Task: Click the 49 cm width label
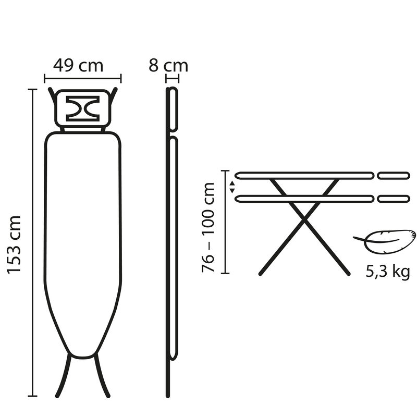coord(78,66)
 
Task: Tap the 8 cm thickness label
coord(168,66)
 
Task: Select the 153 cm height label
coord(14,244)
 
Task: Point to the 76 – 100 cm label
coord(207,227)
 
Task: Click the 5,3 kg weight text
coord(388,272)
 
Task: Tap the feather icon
coord(385,241)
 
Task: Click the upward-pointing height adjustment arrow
coord(232,183)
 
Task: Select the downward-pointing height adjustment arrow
coord(232,190)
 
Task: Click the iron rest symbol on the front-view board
coord(83,109)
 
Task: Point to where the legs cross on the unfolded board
coord(304,219)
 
